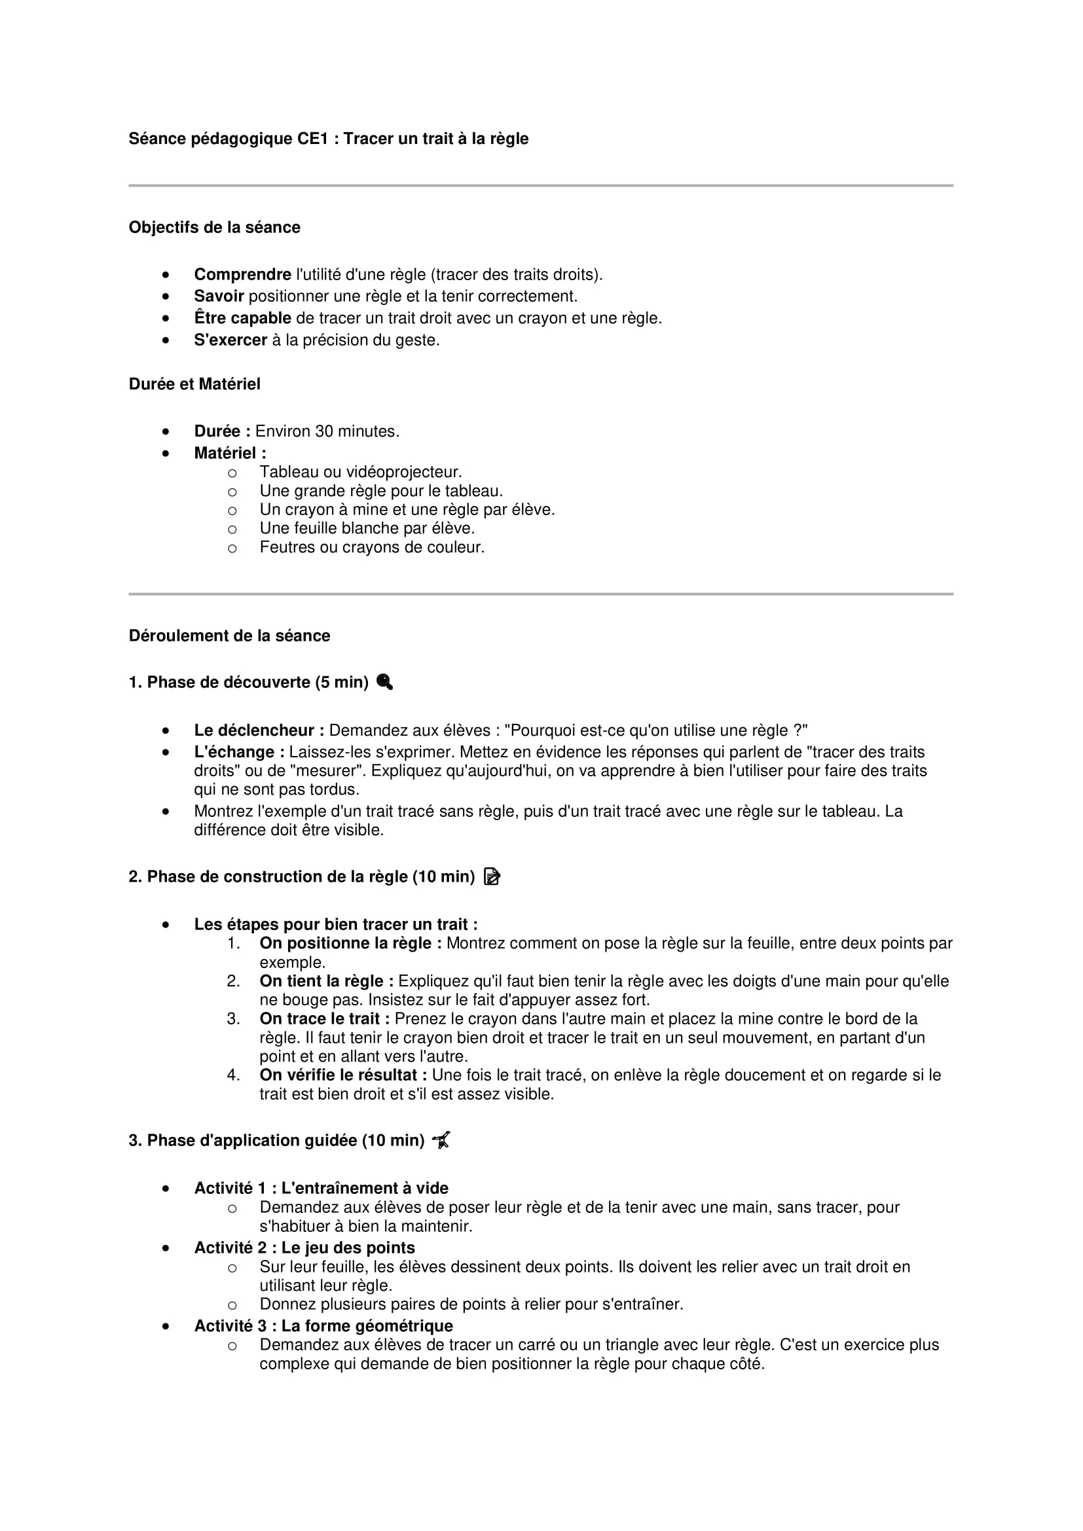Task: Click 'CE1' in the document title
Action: pos(313,139)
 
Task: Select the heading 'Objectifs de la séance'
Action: pos(214,227)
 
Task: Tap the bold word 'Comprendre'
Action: pos(242,275)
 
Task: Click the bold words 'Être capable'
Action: pos(242,319)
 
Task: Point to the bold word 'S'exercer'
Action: pos(230,340)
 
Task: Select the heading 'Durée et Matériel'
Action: pos(194,384)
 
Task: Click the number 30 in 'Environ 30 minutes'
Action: pos(324,431)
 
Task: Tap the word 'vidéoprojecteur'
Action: pos(407,472)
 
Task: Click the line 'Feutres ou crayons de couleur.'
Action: pos(371,547)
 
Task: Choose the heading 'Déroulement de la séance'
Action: pos(229,636)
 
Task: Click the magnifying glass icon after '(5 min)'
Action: pos(385,682)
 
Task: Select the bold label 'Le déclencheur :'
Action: pos(259,731)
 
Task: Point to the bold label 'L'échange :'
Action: pos(239,752)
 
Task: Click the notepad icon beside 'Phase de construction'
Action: pos(492,876)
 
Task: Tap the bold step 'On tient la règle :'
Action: pos(326,982)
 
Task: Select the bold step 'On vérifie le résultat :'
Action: pos(342,1075)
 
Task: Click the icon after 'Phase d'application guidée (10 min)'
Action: pos(441,1140)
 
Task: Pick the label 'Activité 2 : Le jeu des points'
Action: pos(304,1248)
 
